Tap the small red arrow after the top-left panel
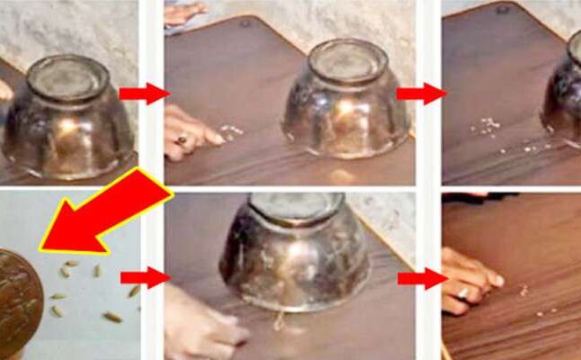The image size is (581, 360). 143,93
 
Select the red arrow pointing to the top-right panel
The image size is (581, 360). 421,93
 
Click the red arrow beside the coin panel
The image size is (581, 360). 144,277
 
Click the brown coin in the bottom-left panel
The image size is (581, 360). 17,301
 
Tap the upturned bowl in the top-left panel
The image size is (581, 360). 68,117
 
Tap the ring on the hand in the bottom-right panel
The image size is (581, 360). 462,292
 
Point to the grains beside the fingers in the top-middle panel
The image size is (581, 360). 231,131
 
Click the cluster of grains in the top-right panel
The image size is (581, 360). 488,127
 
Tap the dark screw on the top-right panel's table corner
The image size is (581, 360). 504,9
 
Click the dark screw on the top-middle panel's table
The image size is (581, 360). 245,21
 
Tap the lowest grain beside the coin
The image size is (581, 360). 113,317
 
